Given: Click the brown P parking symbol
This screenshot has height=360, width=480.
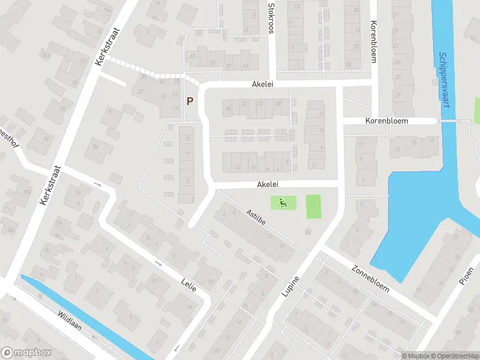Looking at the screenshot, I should tap(190, 101).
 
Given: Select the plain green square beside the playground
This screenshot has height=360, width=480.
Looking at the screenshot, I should tap(314, 206).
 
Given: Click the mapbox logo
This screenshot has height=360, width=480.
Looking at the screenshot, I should tap(25, 352).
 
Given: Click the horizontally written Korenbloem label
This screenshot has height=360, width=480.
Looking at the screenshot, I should tap(386, 121).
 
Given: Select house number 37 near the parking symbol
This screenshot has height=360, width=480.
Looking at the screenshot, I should tap(142, 91).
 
